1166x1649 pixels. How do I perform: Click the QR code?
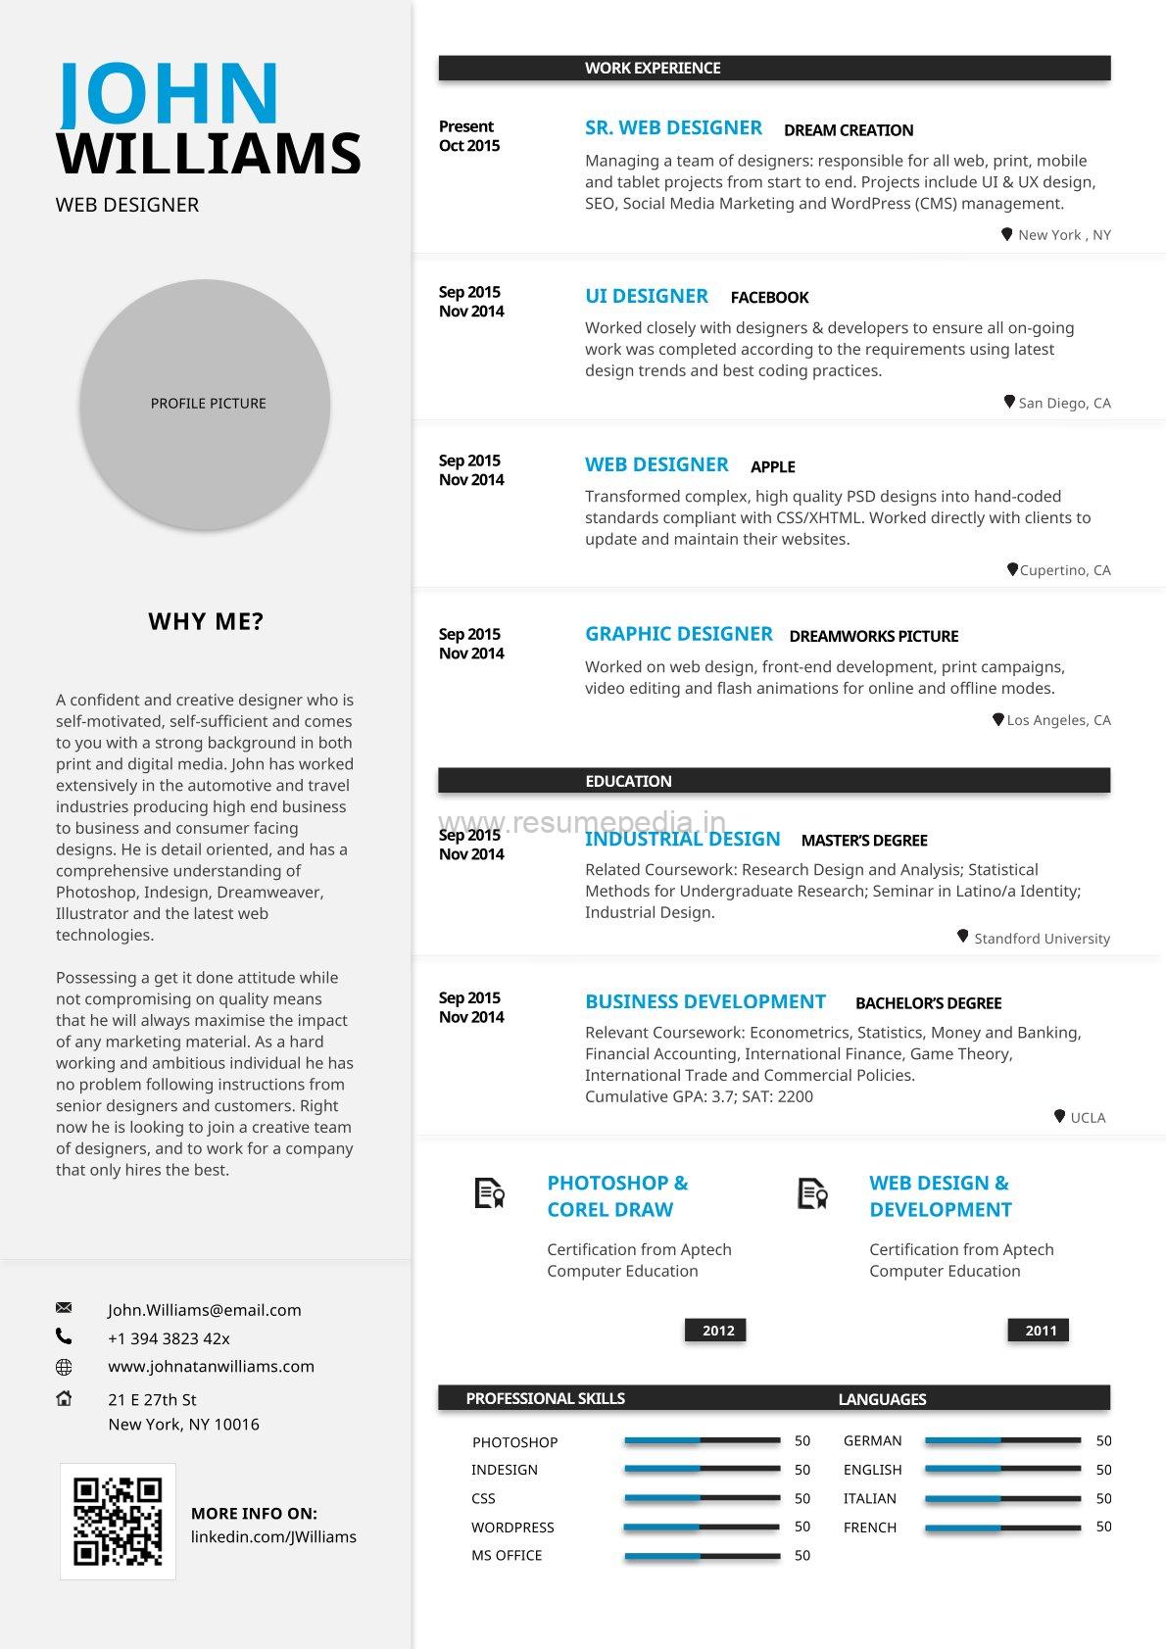(118, 1521)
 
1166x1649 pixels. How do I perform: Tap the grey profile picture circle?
(205, 404)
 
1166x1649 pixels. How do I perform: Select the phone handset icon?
(64, 1335)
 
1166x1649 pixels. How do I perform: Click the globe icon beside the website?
(64, 1367)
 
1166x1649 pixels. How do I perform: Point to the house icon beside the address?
(64, 1398)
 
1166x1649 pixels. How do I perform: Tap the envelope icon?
(64, 1308)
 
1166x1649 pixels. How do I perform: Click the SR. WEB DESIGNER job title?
(673, 128)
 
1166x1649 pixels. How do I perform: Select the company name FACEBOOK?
(769, 298)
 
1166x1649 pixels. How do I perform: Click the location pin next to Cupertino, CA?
(1012, 569)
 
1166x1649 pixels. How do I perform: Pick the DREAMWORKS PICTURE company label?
(873, 636)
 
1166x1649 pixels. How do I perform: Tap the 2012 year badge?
(717, 1331)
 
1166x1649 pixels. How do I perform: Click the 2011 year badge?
(1040, 1331)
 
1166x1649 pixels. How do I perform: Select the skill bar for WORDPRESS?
(702, 1527)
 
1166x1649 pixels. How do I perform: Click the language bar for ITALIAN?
(1002, 1498)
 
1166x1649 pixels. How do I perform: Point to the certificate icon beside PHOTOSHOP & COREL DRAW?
(489, 1193)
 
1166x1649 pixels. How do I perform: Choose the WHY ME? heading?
(206, 621)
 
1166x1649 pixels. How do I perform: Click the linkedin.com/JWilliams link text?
(273, 1536)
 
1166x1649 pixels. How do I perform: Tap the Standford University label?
(1042, 939)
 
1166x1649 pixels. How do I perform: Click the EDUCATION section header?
(628, 781)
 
